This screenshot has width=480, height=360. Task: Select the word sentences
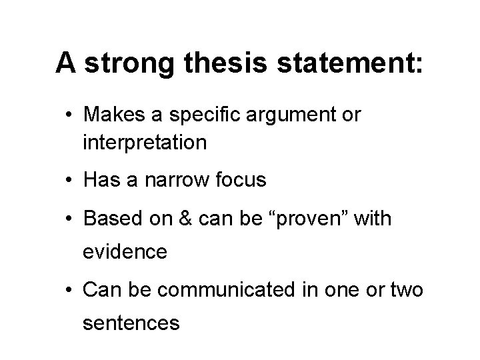(x=131, y=324)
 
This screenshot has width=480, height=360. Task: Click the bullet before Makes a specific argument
(x=69, y=115)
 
